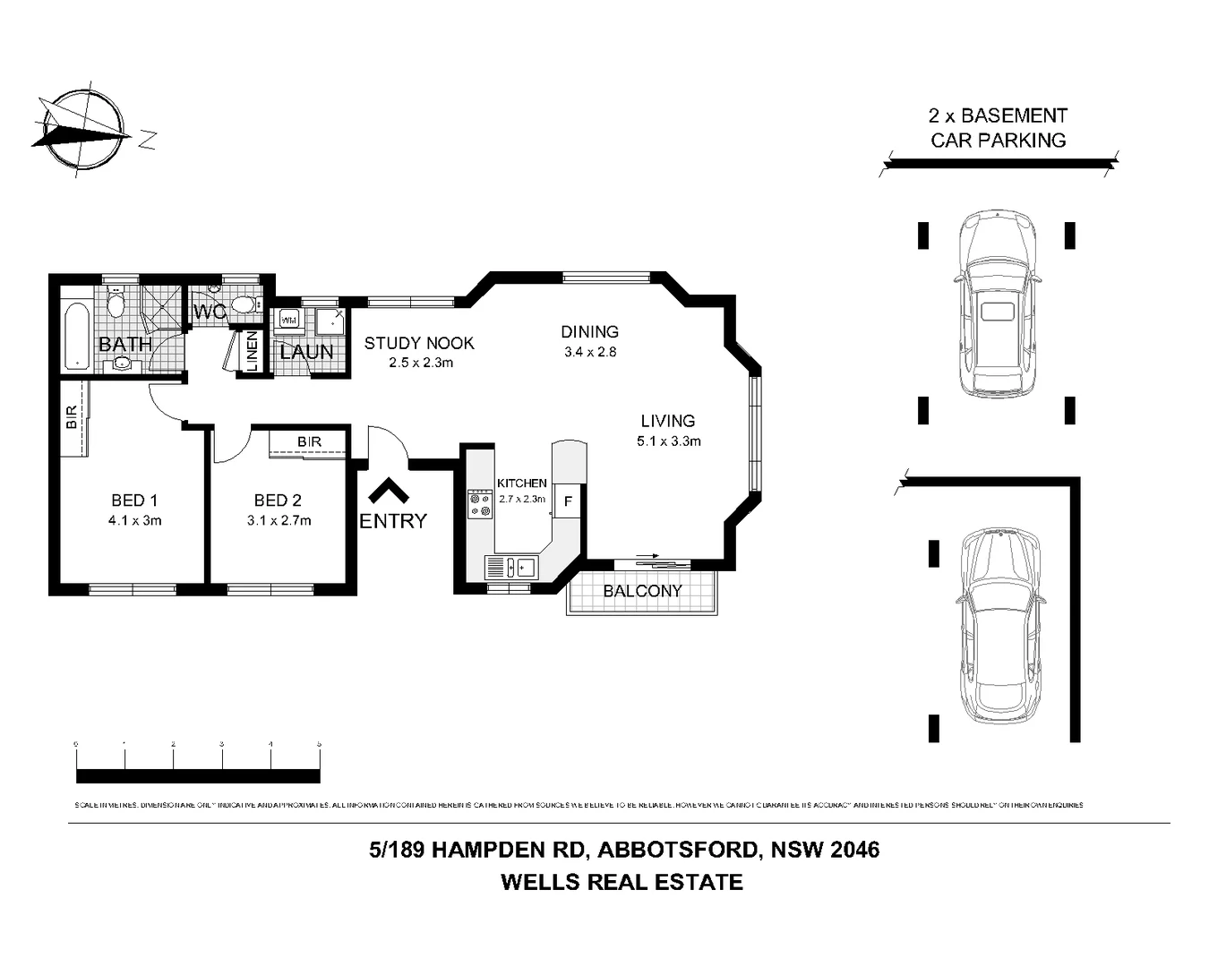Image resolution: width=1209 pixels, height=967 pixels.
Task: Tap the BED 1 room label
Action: coord(134,501)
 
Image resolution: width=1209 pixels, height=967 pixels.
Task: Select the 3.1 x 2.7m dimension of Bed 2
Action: coord(279,521)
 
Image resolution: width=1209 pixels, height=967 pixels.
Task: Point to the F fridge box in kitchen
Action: coord(568,501)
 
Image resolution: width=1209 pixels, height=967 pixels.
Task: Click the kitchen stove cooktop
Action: coord(480,503)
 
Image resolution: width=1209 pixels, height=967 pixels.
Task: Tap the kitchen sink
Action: coord(510,567)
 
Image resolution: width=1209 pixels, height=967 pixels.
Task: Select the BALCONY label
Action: coord(642,591)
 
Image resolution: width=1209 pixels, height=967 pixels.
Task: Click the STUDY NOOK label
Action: coord(419,343)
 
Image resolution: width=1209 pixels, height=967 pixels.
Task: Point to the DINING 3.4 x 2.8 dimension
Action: coord(590,352)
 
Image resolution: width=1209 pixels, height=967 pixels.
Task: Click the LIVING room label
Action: coord(667,421)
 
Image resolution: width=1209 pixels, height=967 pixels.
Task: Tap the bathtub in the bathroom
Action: coord(77,337)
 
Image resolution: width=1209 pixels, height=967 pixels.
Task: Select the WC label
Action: coord(210,312)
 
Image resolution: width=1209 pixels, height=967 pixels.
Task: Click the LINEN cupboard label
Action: coord(252,351)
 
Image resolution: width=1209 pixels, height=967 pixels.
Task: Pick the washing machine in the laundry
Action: coord(289,320)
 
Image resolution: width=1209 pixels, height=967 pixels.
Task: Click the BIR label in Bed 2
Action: coord(309,442)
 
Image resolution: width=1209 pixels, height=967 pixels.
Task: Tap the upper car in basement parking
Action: coord(996,304)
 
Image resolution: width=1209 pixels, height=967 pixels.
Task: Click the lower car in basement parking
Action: coord(1000,627)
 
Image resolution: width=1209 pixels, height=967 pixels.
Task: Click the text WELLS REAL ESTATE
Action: coord(622,882)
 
